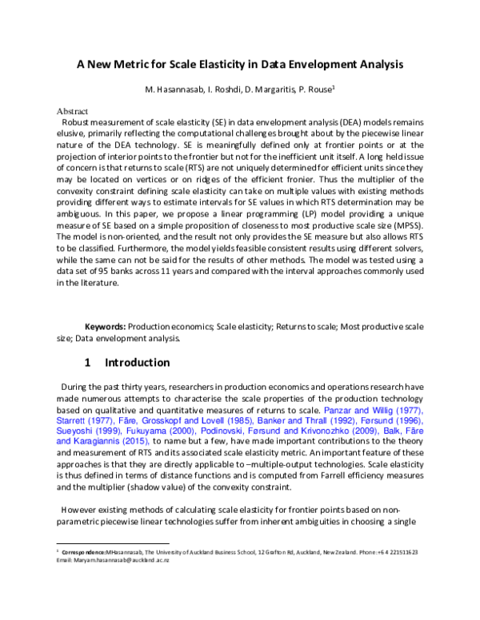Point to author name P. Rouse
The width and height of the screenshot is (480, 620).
tap(317, 88)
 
